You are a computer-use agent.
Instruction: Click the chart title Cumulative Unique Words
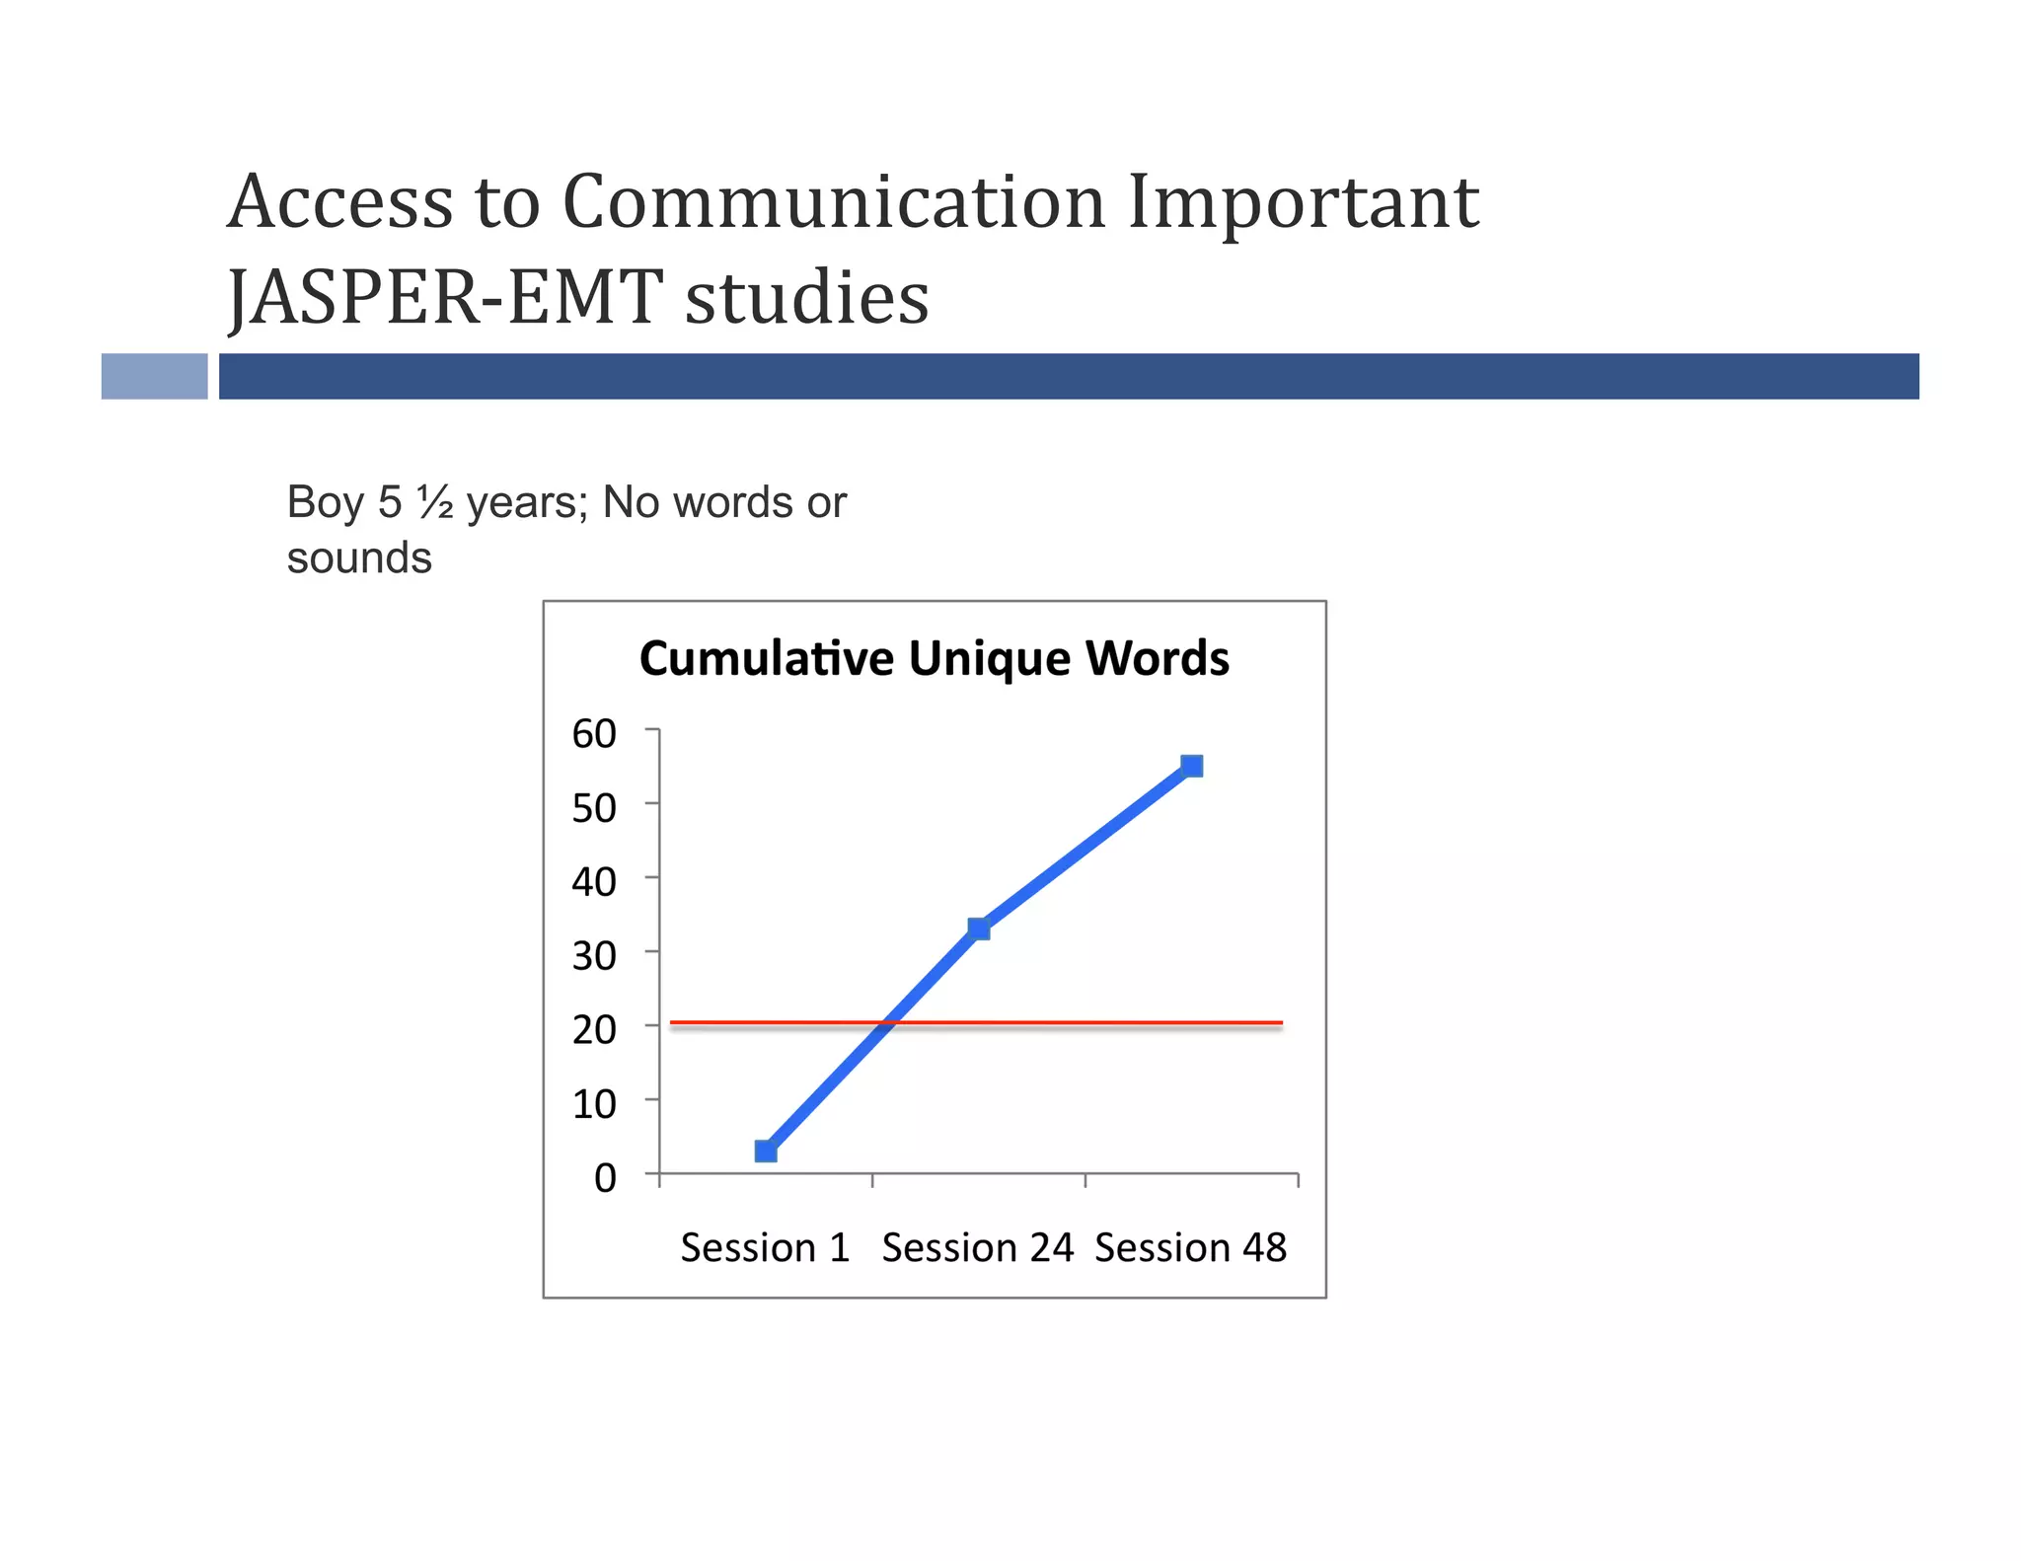click(x=934, y=658)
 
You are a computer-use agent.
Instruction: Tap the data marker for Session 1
click(x=766, y=1151)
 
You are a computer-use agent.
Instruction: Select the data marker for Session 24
click(x=979, y=929)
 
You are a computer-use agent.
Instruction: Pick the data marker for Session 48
click(x=1192, y=766)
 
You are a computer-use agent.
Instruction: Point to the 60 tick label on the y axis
click(x=594, y=733)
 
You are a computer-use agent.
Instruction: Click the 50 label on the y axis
click(x=594, y=808)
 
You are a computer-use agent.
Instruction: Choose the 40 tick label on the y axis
click(x=594, y=881)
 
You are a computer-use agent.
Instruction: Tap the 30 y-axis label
click(x=594, y=955)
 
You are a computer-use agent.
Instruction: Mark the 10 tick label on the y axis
click(x=594, y=1103)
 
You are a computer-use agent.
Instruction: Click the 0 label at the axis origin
click(x=605, y=1177)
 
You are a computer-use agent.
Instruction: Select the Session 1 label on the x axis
click(x=765, y=1248)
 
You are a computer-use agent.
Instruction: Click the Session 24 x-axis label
click(x=977, y=1248)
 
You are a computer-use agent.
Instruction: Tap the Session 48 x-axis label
click(x=1190, y=1248)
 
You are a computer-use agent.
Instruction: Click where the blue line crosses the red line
click(x=888, y=1023)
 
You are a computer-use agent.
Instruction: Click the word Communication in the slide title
click(x=834, y=202)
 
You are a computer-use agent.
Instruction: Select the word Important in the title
click(x=1303, y=202)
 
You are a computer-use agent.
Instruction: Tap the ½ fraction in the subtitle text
click(x=434, y=502)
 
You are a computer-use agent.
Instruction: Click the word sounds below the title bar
click(x=359, y=558)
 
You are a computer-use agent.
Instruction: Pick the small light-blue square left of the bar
click(x=155, y=376)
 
